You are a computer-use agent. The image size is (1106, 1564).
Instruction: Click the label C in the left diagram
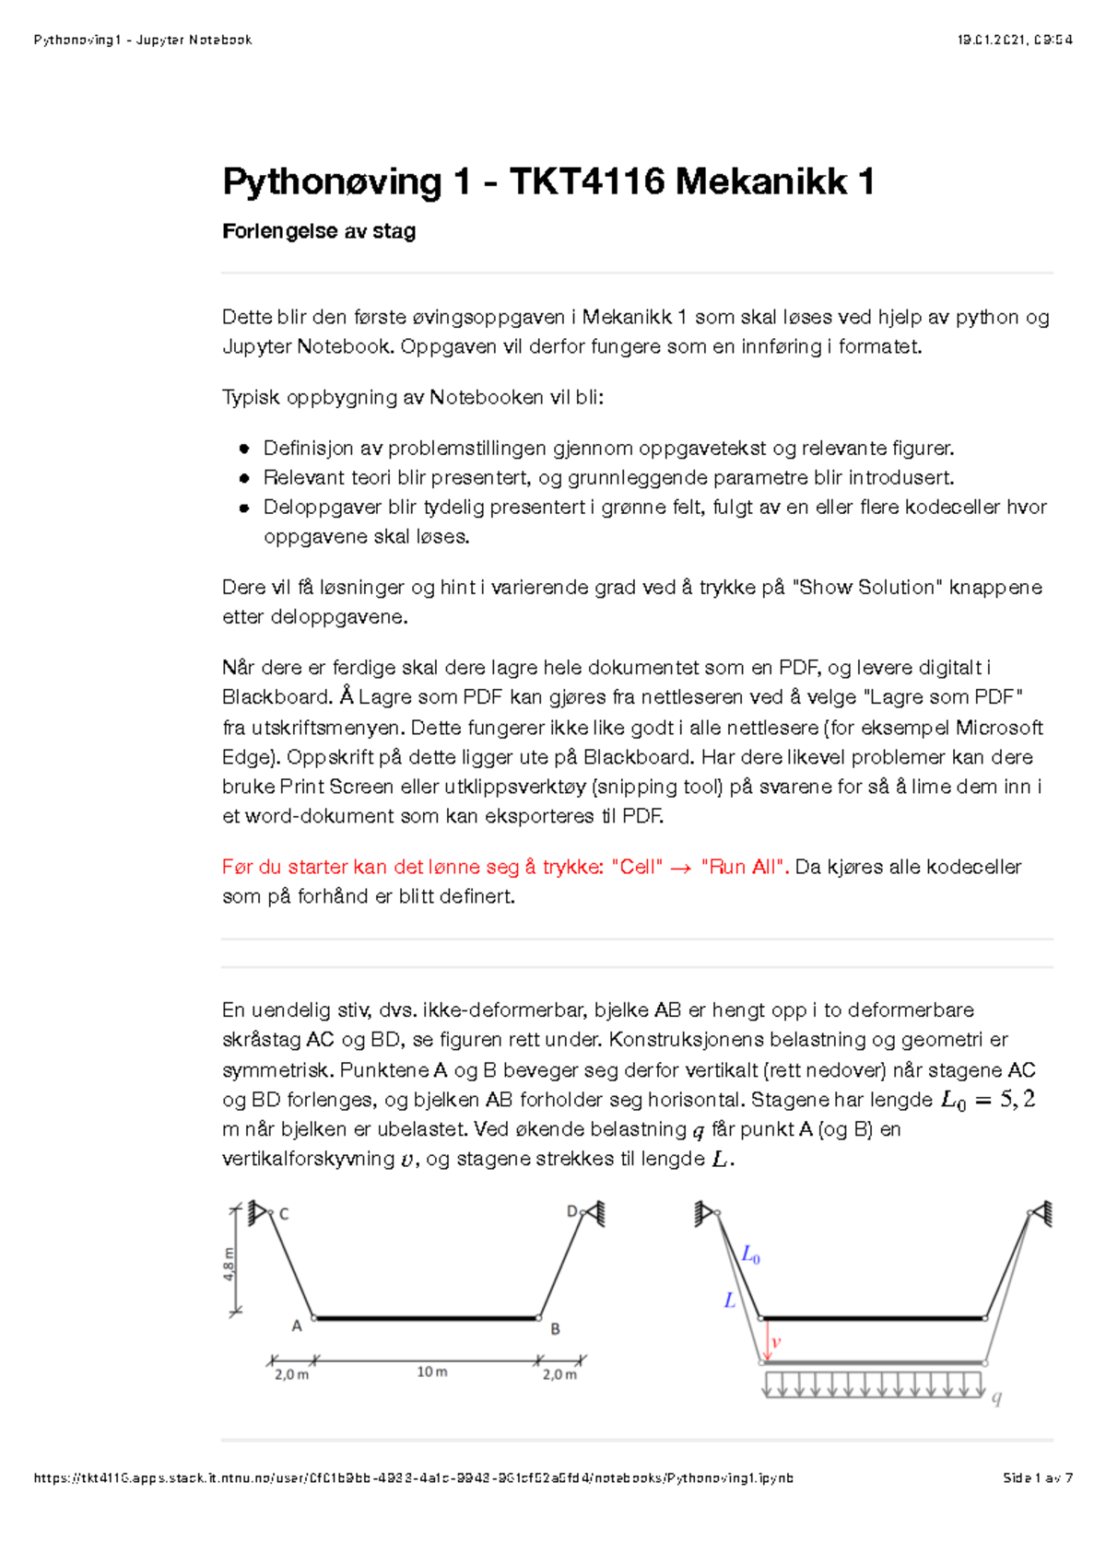pyautogui.click(x=284, y=1214)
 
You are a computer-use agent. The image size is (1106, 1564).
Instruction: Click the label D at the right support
pyautogui.click(x=572, y=1211)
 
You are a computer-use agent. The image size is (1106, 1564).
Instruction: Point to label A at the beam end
pyautogui.click(x=297, y=1326)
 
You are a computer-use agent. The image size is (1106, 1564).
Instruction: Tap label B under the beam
pyautogui.click(x=555, y=1329)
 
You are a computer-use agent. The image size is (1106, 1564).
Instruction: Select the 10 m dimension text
pyautogui.click(x=431, y=1372)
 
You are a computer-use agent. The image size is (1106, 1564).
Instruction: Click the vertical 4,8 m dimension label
pyautogui.click(x=229, y=1264)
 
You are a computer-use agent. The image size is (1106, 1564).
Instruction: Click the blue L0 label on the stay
pyautogui.click(x=751, y=1255)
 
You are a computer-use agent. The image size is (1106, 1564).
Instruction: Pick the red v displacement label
pyautogui.click(x=776, y=1342)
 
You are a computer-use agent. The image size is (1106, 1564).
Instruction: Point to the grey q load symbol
pyautogui.click(x=996, y=1398)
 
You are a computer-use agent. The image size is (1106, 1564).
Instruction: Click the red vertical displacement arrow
pyautogui.click(x=767, y=1340)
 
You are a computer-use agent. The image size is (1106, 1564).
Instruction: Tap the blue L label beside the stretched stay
pyautogui.click(x=729, y=1301)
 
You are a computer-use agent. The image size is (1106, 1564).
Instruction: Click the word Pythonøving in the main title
pyautogui.click(x=332, y=181)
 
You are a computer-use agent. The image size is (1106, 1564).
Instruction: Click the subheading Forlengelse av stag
pyautogui.click(x=319, y=231)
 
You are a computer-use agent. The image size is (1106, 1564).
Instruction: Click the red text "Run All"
pyautogui.click(x=744, y=867)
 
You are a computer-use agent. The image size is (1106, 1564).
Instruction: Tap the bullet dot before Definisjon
pyautogui.click(x=244, y=449)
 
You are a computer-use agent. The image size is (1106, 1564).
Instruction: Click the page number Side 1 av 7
pyautogui.click(x=1038, y=1478)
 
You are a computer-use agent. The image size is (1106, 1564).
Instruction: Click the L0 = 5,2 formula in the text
pyautogui.click(x=987, y=1100)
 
